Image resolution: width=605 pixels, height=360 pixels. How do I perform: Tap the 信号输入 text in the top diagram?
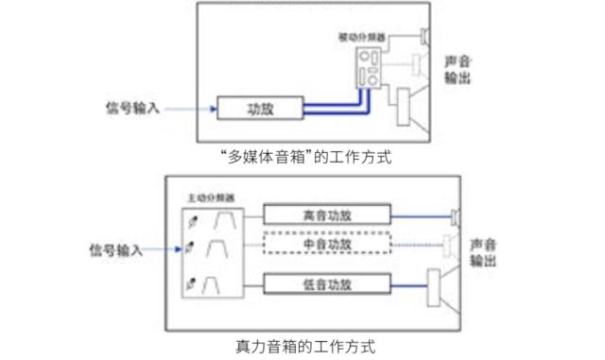click(x=134, y=109)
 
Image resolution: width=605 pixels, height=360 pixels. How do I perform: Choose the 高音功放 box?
click(x=326, y=214)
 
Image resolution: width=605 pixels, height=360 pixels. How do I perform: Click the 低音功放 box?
click(x=326, y=283)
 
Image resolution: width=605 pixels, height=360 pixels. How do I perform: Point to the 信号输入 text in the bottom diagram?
click(x=114, y=249)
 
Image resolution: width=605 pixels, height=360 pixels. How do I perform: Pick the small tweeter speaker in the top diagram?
click(x=423, y=37)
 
